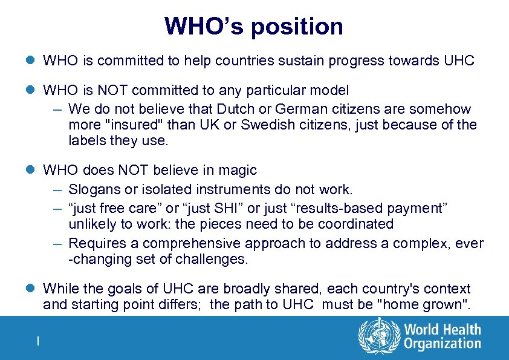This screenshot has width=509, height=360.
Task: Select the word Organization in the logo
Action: (443, 344)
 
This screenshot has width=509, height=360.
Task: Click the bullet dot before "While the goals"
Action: (31, 289)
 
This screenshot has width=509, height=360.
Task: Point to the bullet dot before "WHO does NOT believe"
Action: (31, 171)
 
